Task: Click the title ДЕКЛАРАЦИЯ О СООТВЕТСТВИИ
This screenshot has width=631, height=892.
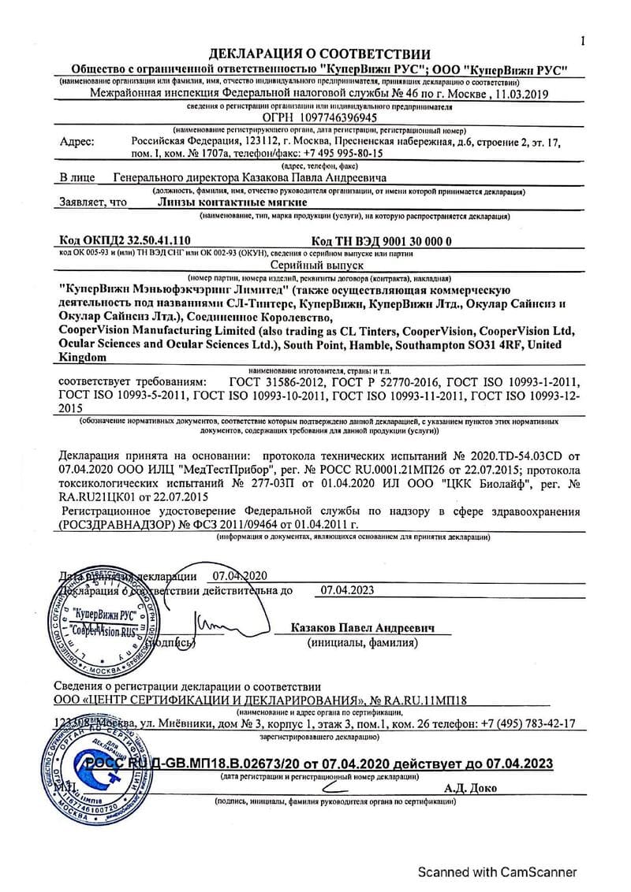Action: (x=319, y=54)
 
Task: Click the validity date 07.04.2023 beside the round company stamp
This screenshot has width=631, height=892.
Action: (x=348, y=589)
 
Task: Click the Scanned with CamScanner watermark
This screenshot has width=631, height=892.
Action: (x=497, y=872)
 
